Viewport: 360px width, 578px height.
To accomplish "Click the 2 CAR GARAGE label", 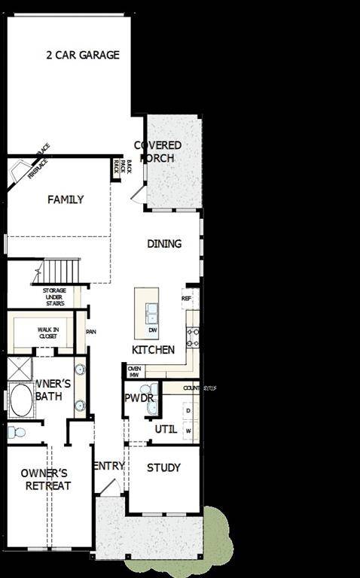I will click(x=83, y=55).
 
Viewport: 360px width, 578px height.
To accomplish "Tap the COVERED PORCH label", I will click(x=157, y=151).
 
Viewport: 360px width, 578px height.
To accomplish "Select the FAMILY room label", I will click(x=66, y=199).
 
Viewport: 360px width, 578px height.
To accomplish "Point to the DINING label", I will click(x=164, y=244).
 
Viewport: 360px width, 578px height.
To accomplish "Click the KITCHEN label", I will click(x=153, y=350).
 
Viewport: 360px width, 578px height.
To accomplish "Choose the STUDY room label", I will click(x=163, y=467).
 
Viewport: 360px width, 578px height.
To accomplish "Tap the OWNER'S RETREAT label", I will click(x=45, y=479).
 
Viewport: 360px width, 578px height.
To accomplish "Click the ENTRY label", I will click(x=108, y=466).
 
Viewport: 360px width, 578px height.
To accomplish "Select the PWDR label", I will click(x=139, y=397).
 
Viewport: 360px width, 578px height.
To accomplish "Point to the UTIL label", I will click(x=166, y=429).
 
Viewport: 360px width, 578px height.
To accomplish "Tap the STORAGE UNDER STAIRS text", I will click(x=54, y=297).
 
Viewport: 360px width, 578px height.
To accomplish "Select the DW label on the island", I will click(x=153, y=330).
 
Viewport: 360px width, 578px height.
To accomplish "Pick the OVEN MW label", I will click(x=135, y=371).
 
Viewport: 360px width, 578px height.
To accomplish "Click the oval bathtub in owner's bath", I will click(x=21, y=400).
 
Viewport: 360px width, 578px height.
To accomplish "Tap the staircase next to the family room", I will click(x=60, y=270).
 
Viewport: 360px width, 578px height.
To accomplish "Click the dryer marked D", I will click(x=188, y=410).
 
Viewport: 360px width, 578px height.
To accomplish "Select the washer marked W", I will click(x=188, y=430).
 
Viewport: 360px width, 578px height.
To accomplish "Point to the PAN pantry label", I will click(x=90, y=331).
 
